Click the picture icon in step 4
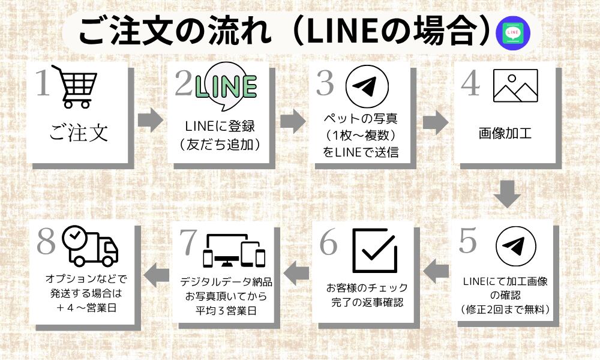(515, 86)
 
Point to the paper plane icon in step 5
(514, 246)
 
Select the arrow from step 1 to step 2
(150, 121)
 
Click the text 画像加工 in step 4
(505, 132)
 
